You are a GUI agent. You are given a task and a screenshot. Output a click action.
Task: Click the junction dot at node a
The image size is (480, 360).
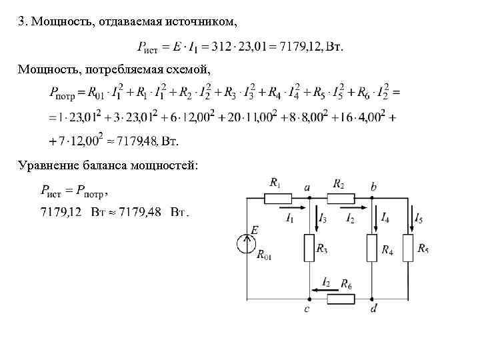tap(309, 198)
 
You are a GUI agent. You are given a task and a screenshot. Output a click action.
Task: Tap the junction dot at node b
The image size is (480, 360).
tap(373, 198)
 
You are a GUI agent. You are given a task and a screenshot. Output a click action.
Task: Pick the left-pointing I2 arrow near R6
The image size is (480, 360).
tap(319, 289)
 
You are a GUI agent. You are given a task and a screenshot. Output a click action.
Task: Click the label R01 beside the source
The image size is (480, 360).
tap(265, 254)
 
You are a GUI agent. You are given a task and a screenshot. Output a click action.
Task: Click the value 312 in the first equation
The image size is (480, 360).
tap(221, 46)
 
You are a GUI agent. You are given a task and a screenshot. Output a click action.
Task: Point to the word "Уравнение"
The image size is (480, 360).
tap(47, 165)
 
